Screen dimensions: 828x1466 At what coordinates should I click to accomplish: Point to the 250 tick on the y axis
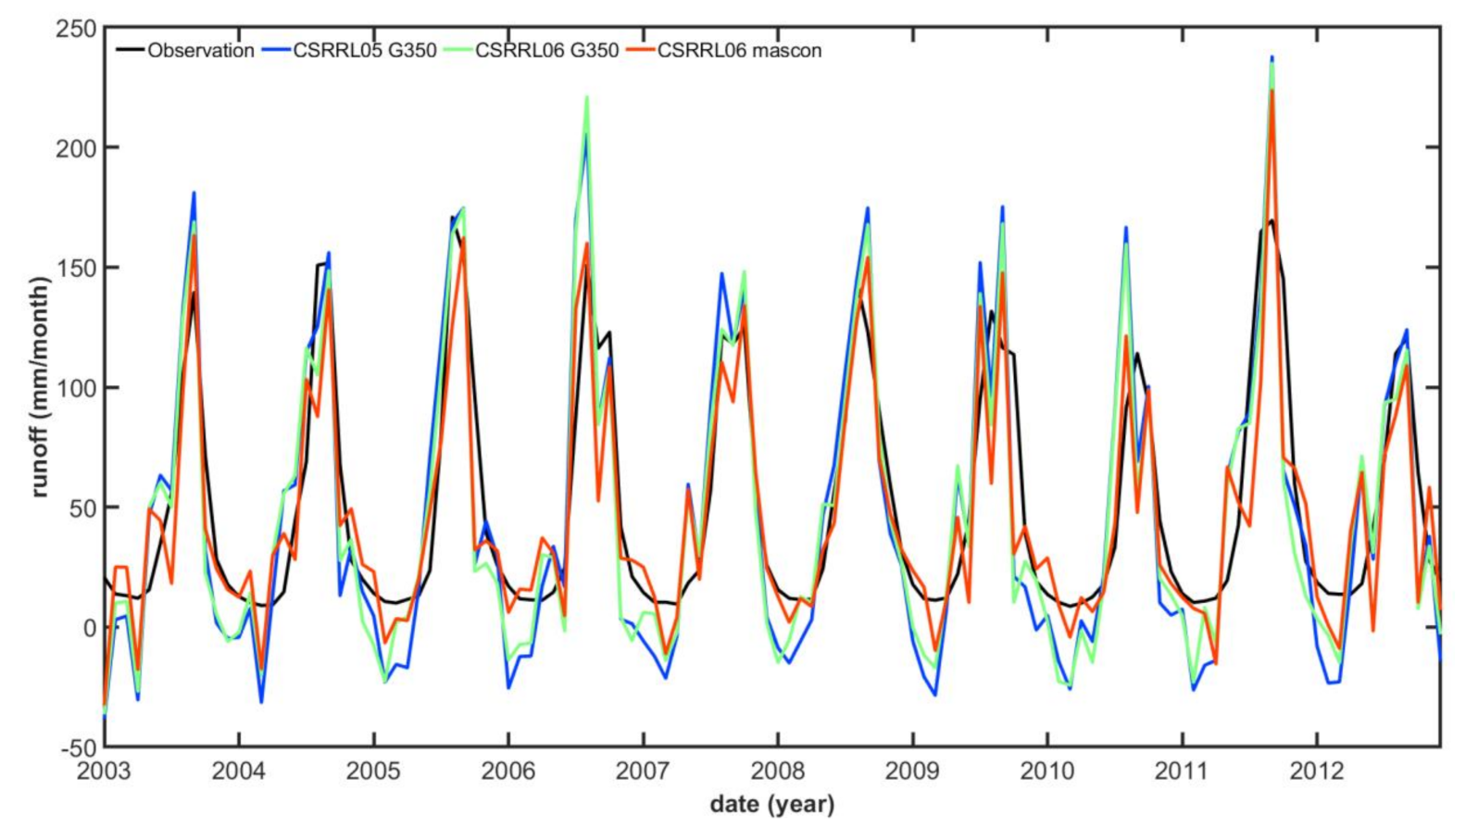point(77,29)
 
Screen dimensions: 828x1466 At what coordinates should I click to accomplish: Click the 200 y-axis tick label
point(77,148)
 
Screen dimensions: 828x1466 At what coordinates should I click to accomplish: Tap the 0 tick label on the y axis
point(89,628)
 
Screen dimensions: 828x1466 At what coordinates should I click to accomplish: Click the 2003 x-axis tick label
point(104,772)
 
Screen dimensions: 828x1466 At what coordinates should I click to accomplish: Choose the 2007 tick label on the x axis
point(643,772)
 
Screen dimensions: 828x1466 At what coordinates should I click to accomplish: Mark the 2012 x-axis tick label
point(1316,772)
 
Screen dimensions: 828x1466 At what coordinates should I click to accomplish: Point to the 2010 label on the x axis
point(1046,772)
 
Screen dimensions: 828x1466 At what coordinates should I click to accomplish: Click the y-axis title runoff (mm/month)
point(39,386)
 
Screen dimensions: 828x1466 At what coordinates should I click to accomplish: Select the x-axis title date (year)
point(771,804)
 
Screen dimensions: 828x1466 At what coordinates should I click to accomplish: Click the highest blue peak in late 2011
point(1272,57)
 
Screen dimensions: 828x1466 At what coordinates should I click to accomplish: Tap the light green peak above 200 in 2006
point(586,97)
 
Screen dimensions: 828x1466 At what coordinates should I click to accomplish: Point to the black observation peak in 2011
point(1272,220)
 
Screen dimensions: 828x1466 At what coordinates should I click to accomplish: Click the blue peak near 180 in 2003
point(194,193)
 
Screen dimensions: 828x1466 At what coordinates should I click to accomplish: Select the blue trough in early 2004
point(261,702)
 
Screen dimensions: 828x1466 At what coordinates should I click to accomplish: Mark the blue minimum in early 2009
point(935,696)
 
